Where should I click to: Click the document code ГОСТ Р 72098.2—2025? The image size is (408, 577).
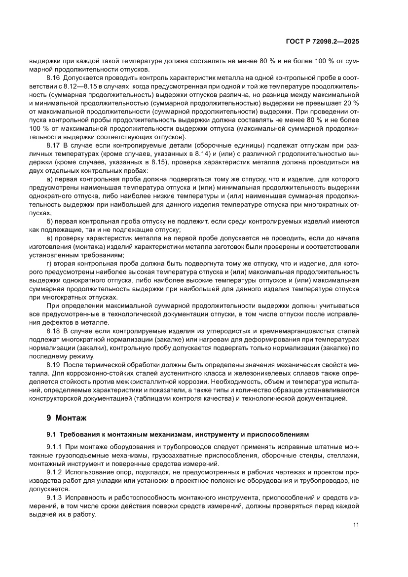click(x=322, y=42)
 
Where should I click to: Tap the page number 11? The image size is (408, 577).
click(x=355, y=525)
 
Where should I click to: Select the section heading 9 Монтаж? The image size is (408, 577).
click(x=66, y=418)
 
